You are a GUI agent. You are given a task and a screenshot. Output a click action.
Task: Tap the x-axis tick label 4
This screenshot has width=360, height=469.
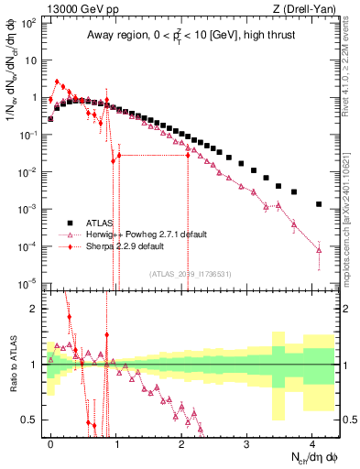[312, 442]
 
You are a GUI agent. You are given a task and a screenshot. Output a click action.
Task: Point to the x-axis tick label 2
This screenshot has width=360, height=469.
[181, 442]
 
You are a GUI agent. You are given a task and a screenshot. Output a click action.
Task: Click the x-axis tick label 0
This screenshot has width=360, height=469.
[51, 442]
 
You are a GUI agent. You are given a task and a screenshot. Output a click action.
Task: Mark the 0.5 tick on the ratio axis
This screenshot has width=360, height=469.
[33, 420]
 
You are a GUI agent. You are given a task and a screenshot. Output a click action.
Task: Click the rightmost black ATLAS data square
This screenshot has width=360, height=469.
[319, 204]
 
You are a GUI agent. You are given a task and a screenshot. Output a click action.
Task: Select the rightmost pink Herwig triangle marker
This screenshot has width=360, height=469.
[319, 249]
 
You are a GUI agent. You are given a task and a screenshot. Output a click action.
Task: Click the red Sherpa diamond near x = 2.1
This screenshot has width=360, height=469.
[188, 155]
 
